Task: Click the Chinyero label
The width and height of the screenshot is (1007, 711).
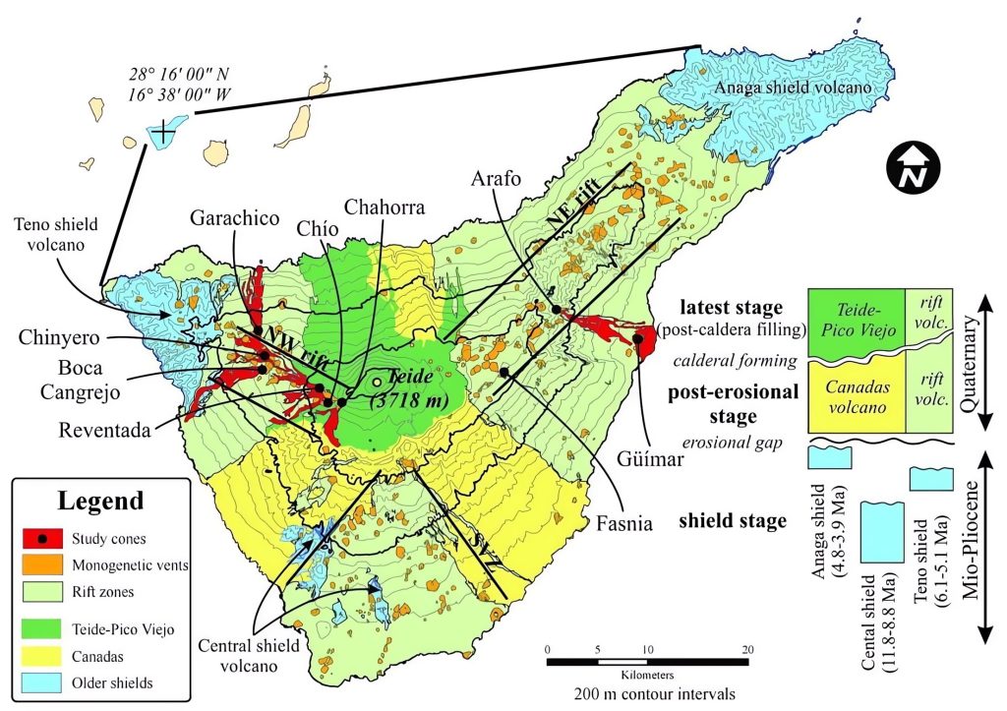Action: pos(55,339)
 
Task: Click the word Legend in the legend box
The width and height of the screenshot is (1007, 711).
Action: pos(100,501)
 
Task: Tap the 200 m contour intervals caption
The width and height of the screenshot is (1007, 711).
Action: pos(647,691)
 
